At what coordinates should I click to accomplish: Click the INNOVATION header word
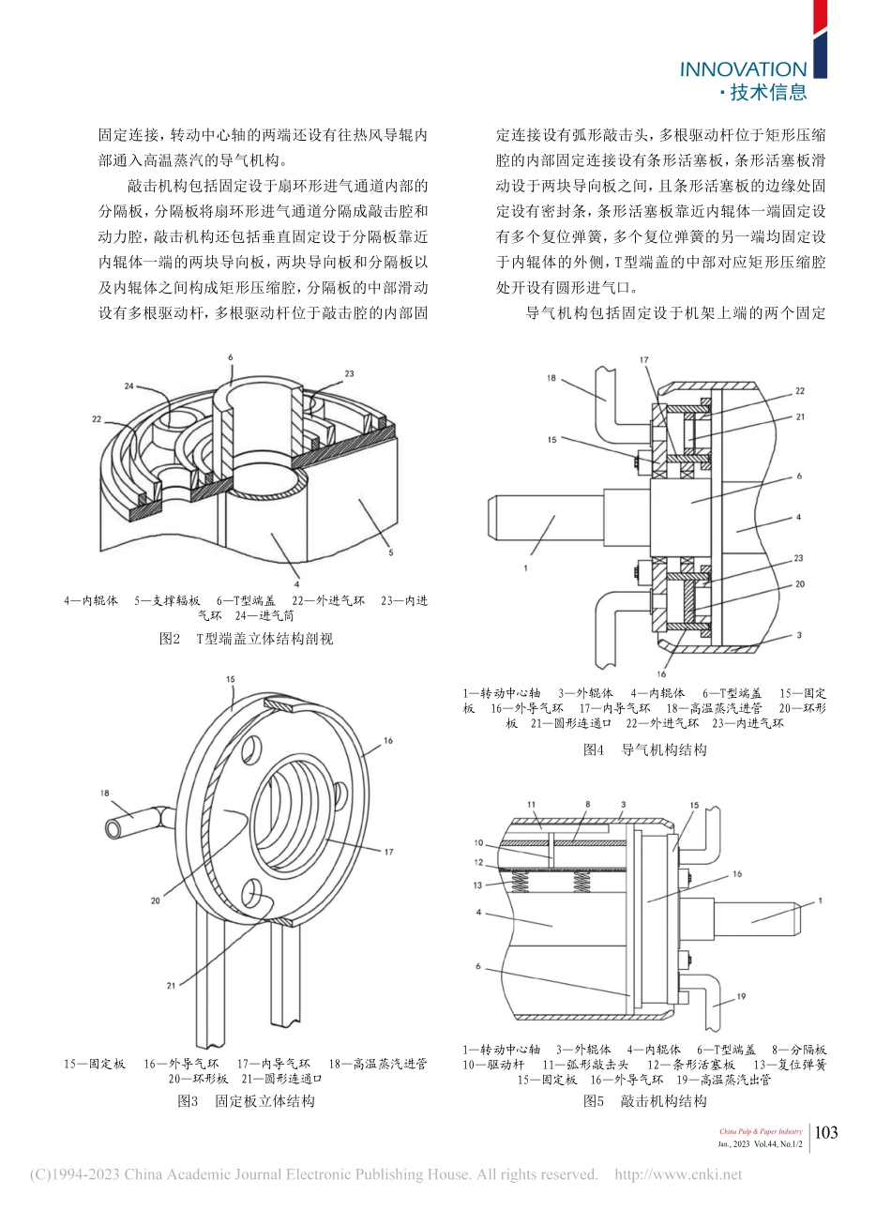click(x=742, y=69)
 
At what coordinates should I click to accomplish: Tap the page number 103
click(x=825, y=1132)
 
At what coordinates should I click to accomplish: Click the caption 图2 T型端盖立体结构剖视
click(x=246, y=639)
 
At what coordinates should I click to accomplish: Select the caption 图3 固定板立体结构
click(x=246, y=1100)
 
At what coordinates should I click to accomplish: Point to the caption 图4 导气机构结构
click(x=644, y=749)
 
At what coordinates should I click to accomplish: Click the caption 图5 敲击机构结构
click(x=644, y=1100)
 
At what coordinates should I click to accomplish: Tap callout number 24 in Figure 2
click(x=128, y=386)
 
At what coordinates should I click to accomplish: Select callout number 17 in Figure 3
click(x=388, y=851)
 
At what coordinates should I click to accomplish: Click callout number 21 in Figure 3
click(x=171, y=985)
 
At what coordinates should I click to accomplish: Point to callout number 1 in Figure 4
click(x=526, y=567)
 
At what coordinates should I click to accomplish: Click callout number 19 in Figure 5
click(x=741, y=997)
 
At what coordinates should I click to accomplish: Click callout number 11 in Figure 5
click(x=530, y=804)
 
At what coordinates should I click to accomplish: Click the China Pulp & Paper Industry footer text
click(x=761, y=1131)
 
